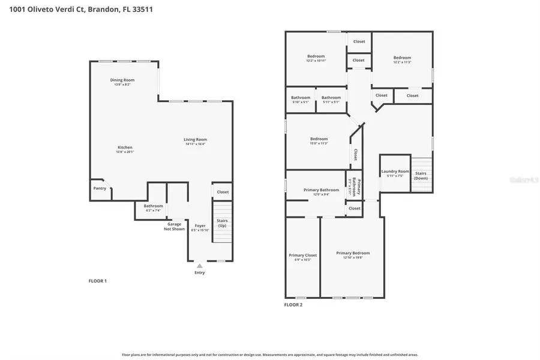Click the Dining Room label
(x=122, y=80)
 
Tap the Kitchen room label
(x=125, y=148)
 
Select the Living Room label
(x=195, y=140)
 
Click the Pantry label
(x=100, y=188)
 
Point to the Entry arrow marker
(x=200, y=266)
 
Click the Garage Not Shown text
(x=175, y=227)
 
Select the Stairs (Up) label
(x=222, y=223)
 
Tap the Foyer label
(x=200, y=226)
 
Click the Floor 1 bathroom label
(x=153, y=206)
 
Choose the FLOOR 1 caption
(x=97, y=281)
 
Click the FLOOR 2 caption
(x=293, y=305)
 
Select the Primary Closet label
(x=302, y=255)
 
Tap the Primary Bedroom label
(x=353, y=253)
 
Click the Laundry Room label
(x=395, y=172)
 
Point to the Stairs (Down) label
(x=421, y=176)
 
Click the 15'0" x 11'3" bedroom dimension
(x=319, y=143)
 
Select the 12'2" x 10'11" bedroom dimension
(x=316, y=61)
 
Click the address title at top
(x=80, y=10)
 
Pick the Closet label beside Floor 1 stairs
(x=223, y=192)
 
